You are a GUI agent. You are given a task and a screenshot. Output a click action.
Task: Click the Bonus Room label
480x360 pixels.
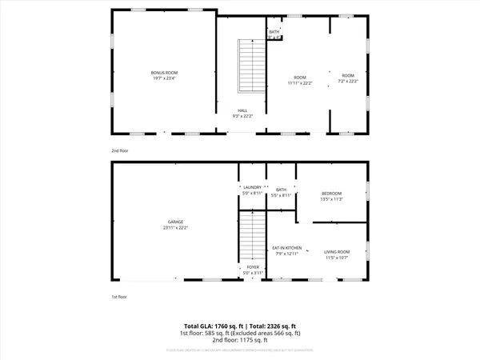164,73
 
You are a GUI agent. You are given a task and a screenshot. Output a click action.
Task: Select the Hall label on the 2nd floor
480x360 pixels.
242,110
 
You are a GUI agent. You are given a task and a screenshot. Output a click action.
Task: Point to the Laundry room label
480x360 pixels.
253,187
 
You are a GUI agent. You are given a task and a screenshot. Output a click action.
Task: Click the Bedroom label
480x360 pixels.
332,194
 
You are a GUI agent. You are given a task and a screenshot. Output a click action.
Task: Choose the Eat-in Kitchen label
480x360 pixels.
286,248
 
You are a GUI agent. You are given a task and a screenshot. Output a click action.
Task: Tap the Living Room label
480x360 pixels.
337,253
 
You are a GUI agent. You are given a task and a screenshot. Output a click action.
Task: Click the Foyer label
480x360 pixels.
253,267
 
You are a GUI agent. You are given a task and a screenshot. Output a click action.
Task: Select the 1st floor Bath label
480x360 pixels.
281,190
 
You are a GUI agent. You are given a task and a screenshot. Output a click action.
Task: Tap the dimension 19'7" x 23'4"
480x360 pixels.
164,78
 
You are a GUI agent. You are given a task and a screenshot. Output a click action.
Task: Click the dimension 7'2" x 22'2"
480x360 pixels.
348,82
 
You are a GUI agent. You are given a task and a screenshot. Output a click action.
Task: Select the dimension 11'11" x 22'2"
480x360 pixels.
299,82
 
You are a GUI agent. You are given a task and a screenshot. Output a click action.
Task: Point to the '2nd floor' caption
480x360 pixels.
120,150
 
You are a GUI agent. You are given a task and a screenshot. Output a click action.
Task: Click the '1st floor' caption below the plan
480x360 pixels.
120,296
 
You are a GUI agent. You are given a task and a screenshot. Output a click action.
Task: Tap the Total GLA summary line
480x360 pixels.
239,326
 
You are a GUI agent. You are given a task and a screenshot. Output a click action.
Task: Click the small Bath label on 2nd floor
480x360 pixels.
274,32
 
